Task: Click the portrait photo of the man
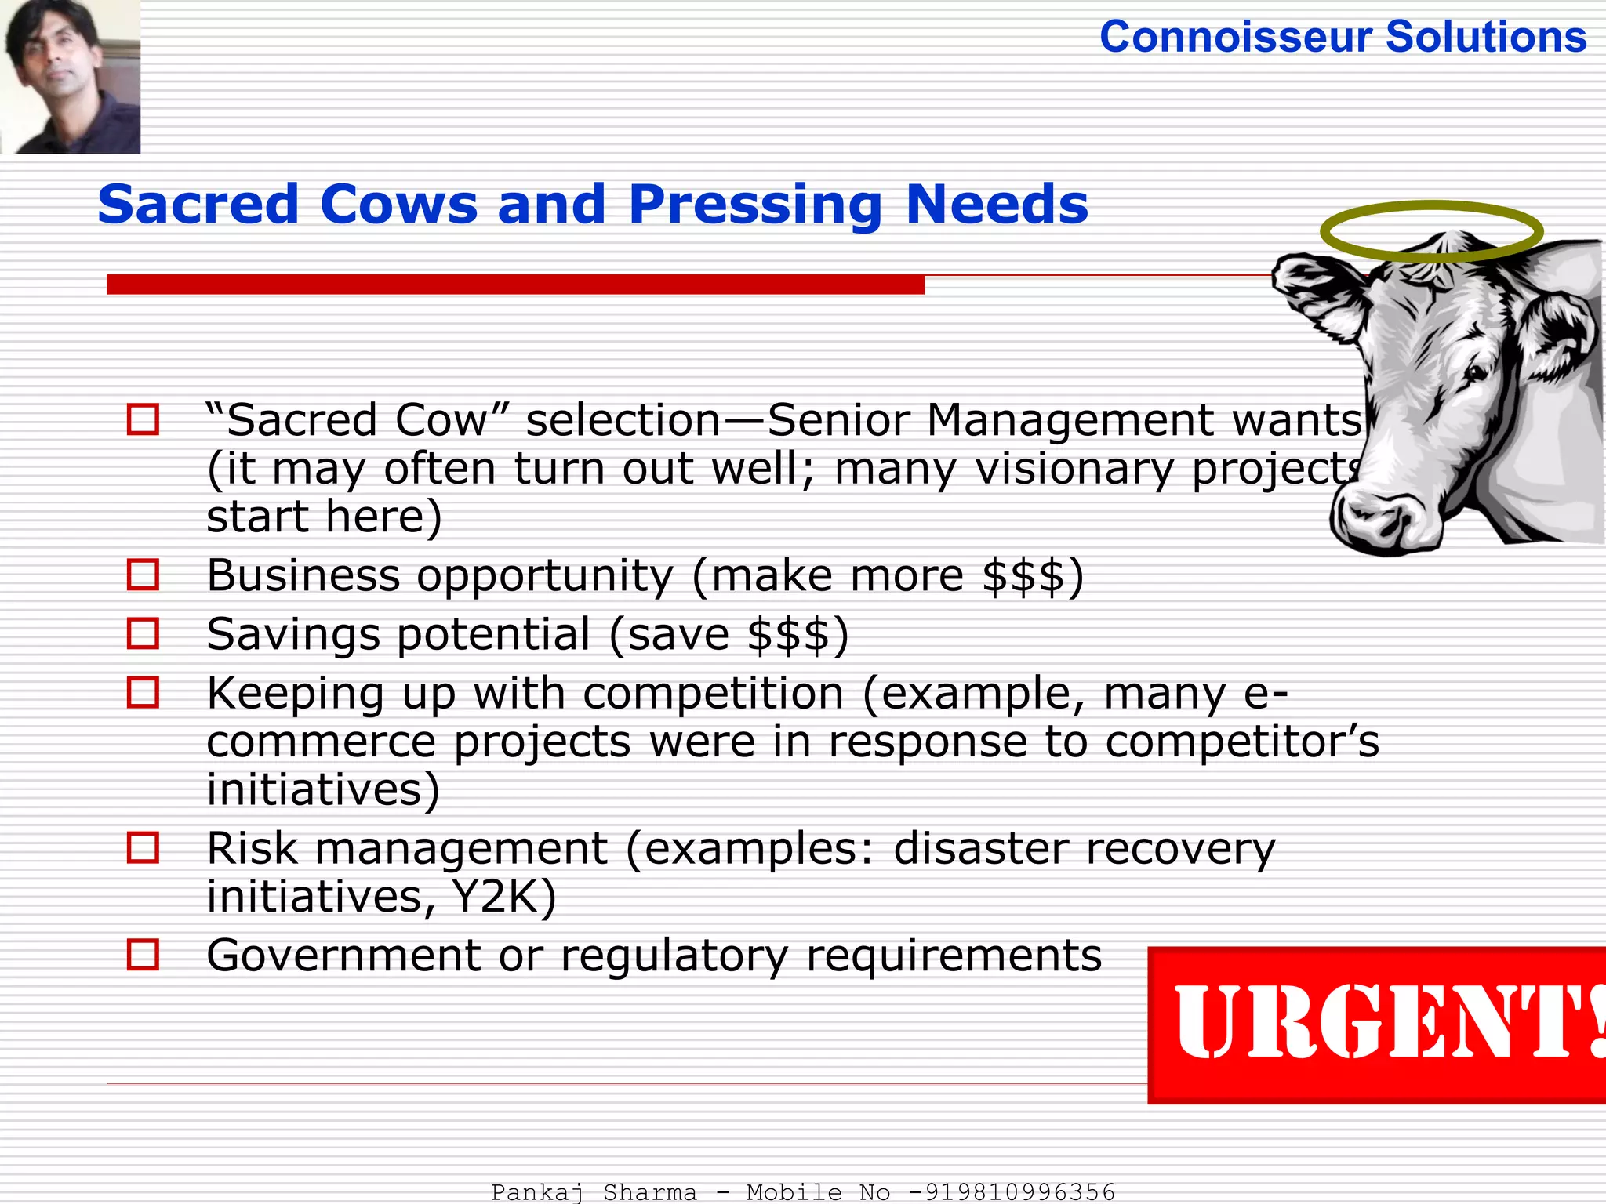pyautogui.click(x=71, y=76)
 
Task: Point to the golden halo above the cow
pyautogui.click(x=1432, y=230)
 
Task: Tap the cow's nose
pyautogui.click(x=1372, y=520)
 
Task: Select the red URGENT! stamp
pyautogui.click(x=1377, y=1024)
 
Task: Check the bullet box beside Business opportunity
pyautogui.click(x=144, y=575)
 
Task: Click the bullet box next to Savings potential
pyautogui.click(x=144, y=633)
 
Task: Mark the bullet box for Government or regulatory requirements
pyautogui.click(x=144, y=955)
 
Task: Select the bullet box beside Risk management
pyautogui.click(x=144, y=847)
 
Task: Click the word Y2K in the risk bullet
pyautogui.click(x=503, y=896)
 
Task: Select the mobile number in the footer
pyautogui.click(x=1012, y=1191)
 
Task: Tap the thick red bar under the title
pyautogui.click(x=515, y=284)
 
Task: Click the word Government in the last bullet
pyautogui.click(x=343, y=956)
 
